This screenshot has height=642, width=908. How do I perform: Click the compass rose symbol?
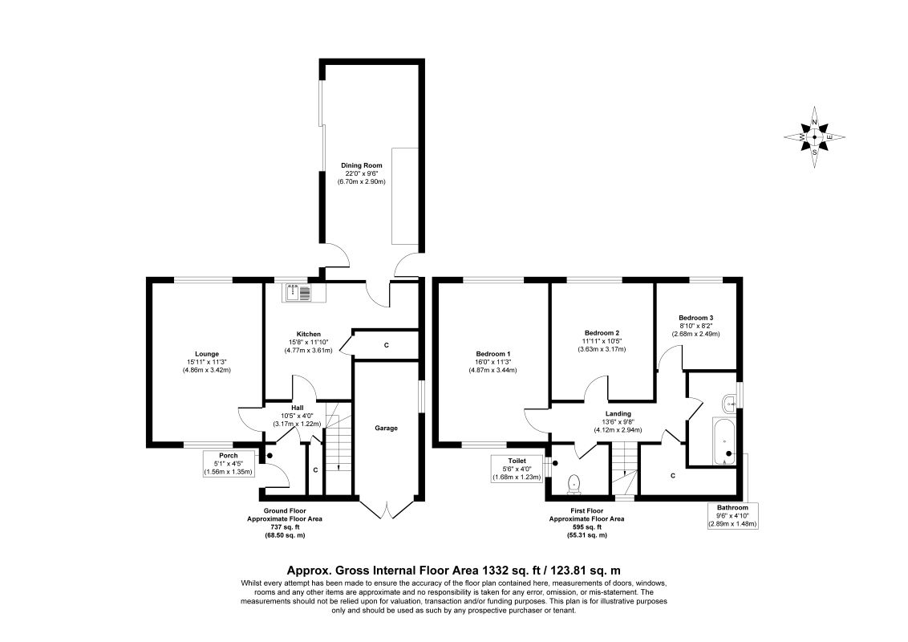point(815,136)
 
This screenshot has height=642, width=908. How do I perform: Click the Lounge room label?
point(206,354)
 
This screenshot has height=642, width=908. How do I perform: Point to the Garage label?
point(387,428)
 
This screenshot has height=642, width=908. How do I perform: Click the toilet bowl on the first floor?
point(574,483)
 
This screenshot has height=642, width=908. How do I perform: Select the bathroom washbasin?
point(730,401)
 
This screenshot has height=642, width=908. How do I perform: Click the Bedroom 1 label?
point(493,354)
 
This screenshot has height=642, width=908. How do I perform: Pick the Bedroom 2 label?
point(602,333)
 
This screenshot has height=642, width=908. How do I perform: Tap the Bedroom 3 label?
point(695,318)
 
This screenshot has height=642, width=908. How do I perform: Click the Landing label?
point(618,414)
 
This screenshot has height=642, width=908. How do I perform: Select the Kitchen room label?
point(309,334)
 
